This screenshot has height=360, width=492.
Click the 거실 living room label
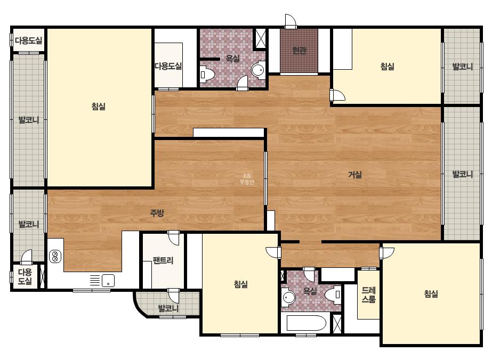click(355, 175)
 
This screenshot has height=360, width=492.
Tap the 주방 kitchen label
click(157, 213)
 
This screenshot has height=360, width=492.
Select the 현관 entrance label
click(299, 50)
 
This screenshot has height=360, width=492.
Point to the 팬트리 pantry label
click(163, 260)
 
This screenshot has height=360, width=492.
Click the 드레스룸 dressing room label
click(369, 295)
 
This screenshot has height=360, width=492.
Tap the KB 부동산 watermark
click(247, 179)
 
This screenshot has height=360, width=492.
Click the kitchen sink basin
click(108, 280)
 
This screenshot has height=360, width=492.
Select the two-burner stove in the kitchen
click(55, 256)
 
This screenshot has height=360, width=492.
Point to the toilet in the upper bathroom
click(207, 75)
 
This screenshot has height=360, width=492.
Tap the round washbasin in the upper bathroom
click(258, 70)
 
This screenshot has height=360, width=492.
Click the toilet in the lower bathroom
click(333, 294)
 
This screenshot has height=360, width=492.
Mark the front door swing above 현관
click(291, 21)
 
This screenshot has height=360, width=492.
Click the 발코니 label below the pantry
click(168, 308)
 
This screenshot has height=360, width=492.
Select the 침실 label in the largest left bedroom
click(99, 107)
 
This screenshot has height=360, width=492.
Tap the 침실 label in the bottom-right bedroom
click(431, 294)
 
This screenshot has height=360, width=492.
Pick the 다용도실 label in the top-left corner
click(29, 40)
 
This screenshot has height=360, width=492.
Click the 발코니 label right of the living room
click(462, 174)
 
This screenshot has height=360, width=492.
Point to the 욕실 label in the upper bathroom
click(233, 59)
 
